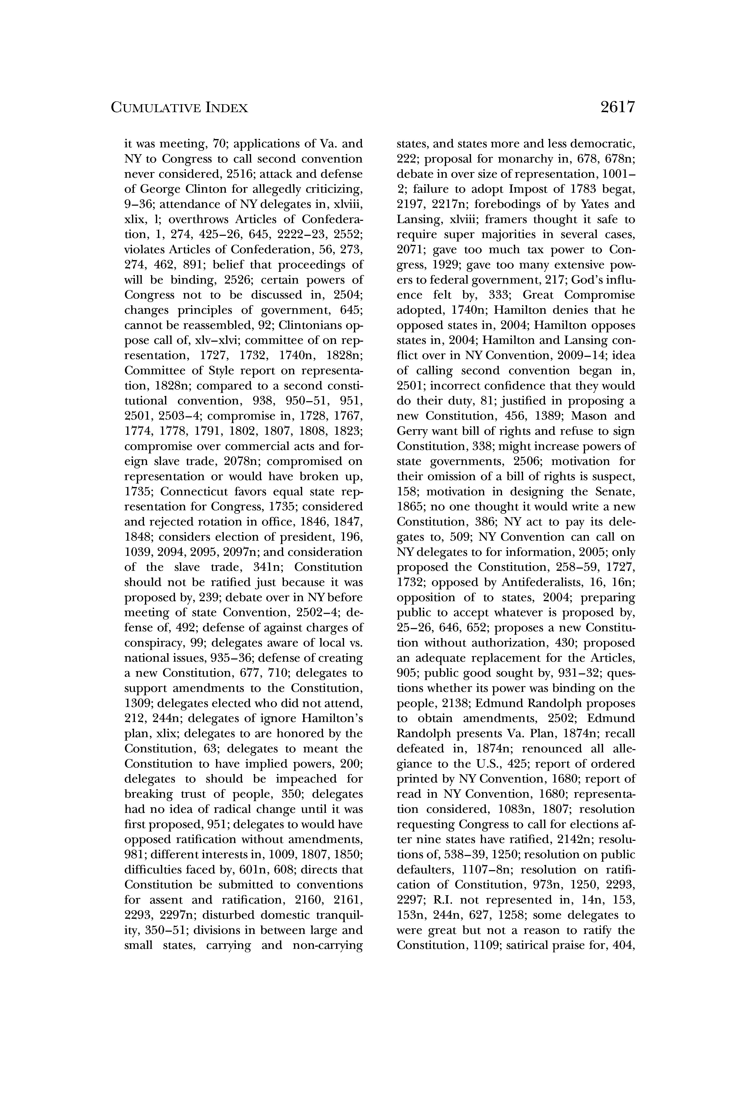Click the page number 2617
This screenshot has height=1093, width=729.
coord(617,107)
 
